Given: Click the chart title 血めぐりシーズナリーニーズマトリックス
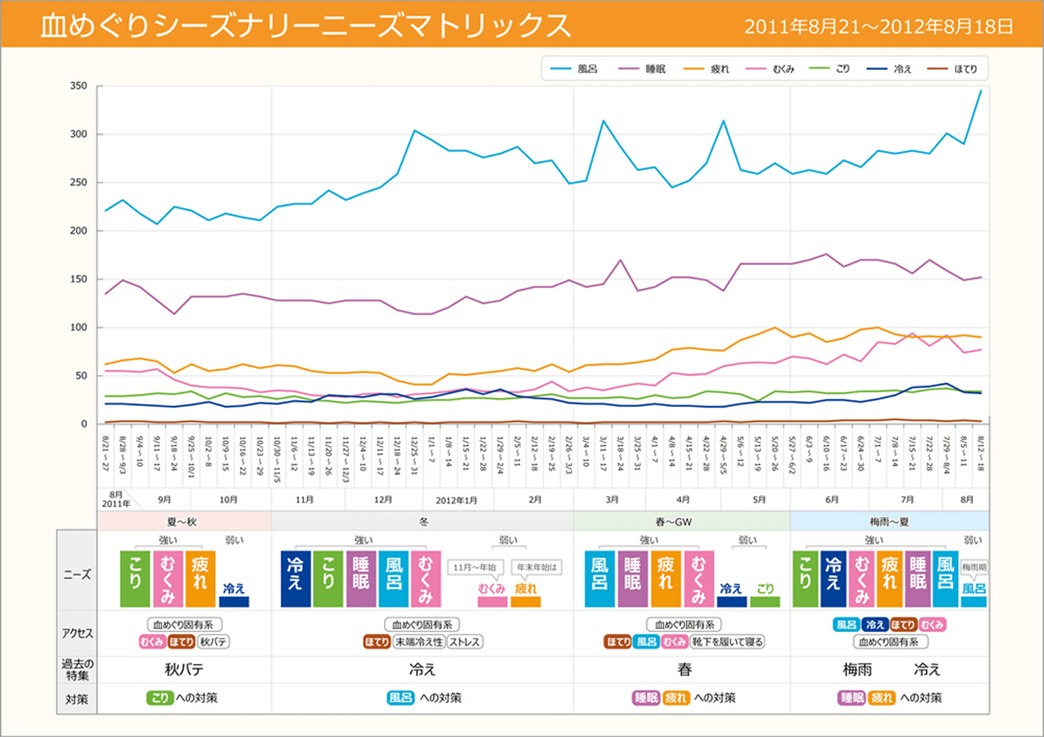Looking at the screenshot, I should click(x=305, y=26).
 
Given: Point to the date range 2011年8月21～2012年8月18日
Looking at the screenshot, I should click(x=878, y=27).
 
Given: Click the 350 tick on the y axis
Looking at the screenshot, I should click(x=79, y=86).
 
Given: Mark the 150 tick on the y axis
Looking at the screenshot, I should click(x=79, y=279).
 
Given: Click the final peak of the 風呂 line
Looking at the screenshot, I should click(x=980, y=91).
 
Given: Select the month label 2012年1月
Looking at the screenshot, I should click(x=456, y=500).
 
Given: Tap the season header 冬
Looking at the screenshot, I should click(x=423, y=522).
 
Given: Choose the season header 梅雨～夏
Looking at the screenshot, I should click(x=889, y=522).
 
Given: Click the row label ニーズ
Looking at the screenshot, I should click(x=77, y=574).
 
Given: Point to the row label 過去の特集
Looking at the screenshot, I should click(x=77, y=670).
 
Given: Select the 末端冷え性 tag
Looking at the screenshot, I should click(x=419, y=642).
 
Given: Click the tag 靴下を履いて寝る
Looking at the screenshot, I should click(x=727, y=642).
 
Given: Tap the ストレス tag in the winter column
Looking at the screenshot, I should click(x=464, y=642).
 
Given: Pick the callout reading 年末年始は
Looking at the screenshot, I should click(x=536, y=567).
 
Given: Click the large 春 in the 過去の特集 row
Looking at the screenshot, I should click(x=684, y=670).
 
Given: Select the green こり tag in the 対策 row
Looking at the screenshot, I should click(x=160, y=698).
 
